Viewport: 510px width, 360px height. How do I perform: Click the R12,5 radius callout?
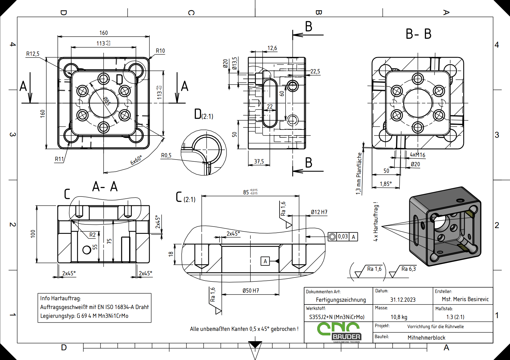click(33, 54)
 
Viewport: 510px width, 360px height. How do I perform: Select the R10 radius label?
click(160, 51)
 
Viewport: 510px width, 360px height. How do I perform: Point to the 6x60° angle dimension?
click(136, 160)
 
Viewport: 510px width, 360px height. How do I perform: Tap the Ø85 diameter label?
click(106, 101)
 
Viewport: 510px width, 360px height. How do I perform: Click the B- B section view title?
click(418, 34)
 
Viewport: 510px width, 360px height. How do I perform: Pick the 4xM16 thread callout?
click(418, 155)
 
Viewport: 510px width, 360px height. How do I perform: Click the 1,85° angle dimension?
click(386, 184)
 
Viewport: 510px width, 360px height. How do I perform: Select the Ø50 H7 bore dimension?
click(251, 291)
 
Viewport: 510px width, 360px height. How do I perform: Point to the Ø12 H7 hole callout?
click(319, 212)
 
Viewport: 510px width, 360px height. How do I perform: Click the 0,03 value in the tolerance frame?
click(343, 237)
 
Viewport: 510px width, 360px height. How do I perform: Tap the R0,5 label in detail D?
click(166, 156)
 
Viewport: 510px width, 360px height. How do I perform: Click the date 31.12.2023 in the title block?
click(403, 300)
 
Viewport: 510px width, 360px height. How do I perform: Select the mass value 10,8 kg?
click(399, 317)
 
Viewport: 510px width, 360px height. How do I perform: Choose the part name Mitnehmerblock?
click(426, 338)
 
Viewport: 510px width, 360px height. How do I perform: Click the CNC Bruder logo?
click(339, 332)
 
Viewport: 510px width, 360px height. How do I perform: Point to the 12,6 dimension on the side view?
click(272, 48)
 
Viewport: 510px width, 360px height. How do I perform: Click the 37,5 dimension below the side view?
click(259, 162)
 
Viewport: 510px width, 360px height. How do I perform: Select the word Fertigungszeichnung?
click(341, 300)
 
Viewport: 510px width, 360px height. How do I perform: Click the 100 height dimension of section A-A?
click(33, 234)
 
